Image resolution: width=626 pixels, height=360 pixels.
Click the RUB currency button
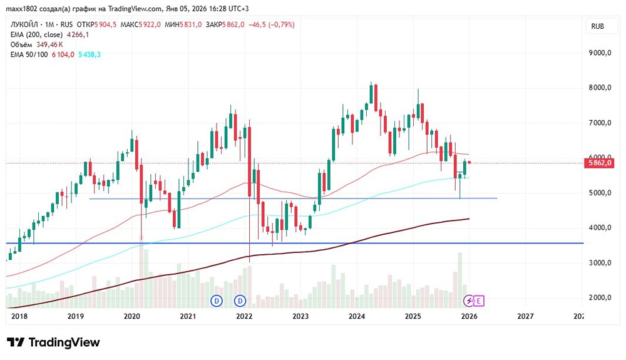(x=597, y=26)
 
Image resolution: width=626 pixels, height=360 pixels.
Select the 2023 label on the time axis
(x=300, y=317)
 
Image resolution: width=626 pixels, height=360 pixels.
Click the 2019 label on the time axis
(x=76, y=317)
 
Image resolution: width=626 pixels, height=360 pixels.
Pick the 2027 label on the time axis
(x=526, y=317)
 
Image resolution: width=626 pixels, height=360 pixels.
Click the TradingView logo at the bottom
(x=53, y=342)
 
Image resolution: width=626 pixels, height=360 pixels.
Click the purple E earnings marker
(x=479, y=301)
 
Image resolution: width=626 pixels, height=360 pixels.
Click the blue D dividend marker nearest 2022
(x=240, y=301)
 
